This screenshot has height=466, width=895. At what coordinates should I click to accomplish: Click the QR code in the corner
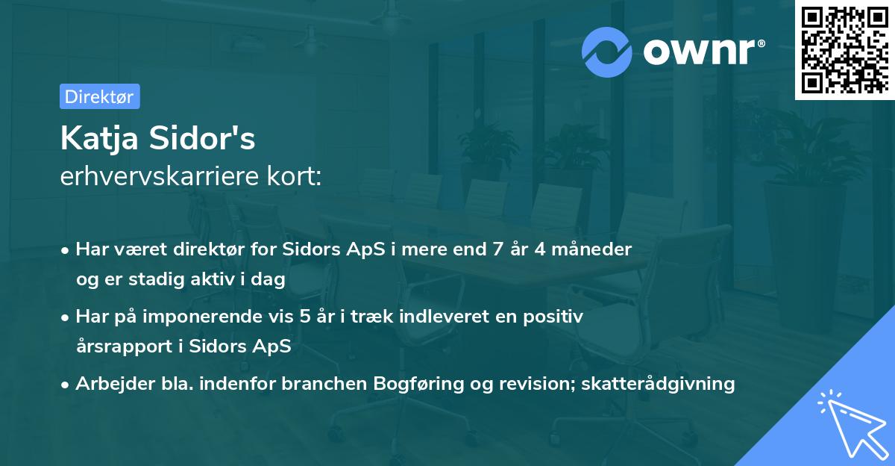[x=844, y=50]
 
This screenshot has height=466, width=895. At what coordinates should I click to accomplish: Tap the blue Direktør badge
[x=98, y=96]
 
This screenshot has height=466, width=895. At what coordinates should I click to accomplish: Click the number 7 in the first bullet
[x=497, y=249]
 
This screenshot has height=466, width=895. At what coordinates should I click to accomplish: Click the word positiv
[x=553, y=317]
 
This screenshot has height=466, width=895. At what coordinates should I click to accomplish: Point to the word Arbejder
[x=110, y=384]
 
